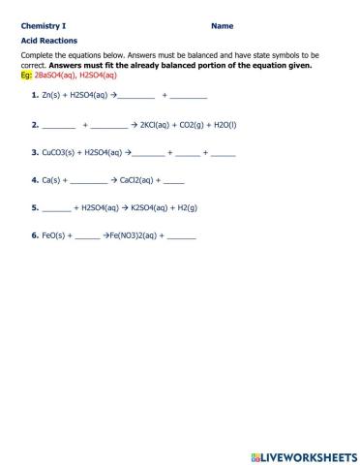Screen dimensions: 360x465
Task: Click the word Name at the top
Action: [x=221, y=26]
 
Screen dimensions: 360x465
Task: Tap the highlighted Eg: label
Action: [x=26, y=75]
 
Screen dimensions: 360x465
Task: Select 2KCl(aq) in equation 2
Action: [x=160, y=125]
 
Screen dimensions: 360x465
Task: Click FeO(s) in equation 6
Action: [x=54, y=234]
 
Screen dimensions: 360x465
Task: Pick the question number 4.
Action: [x=34, y=179]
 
